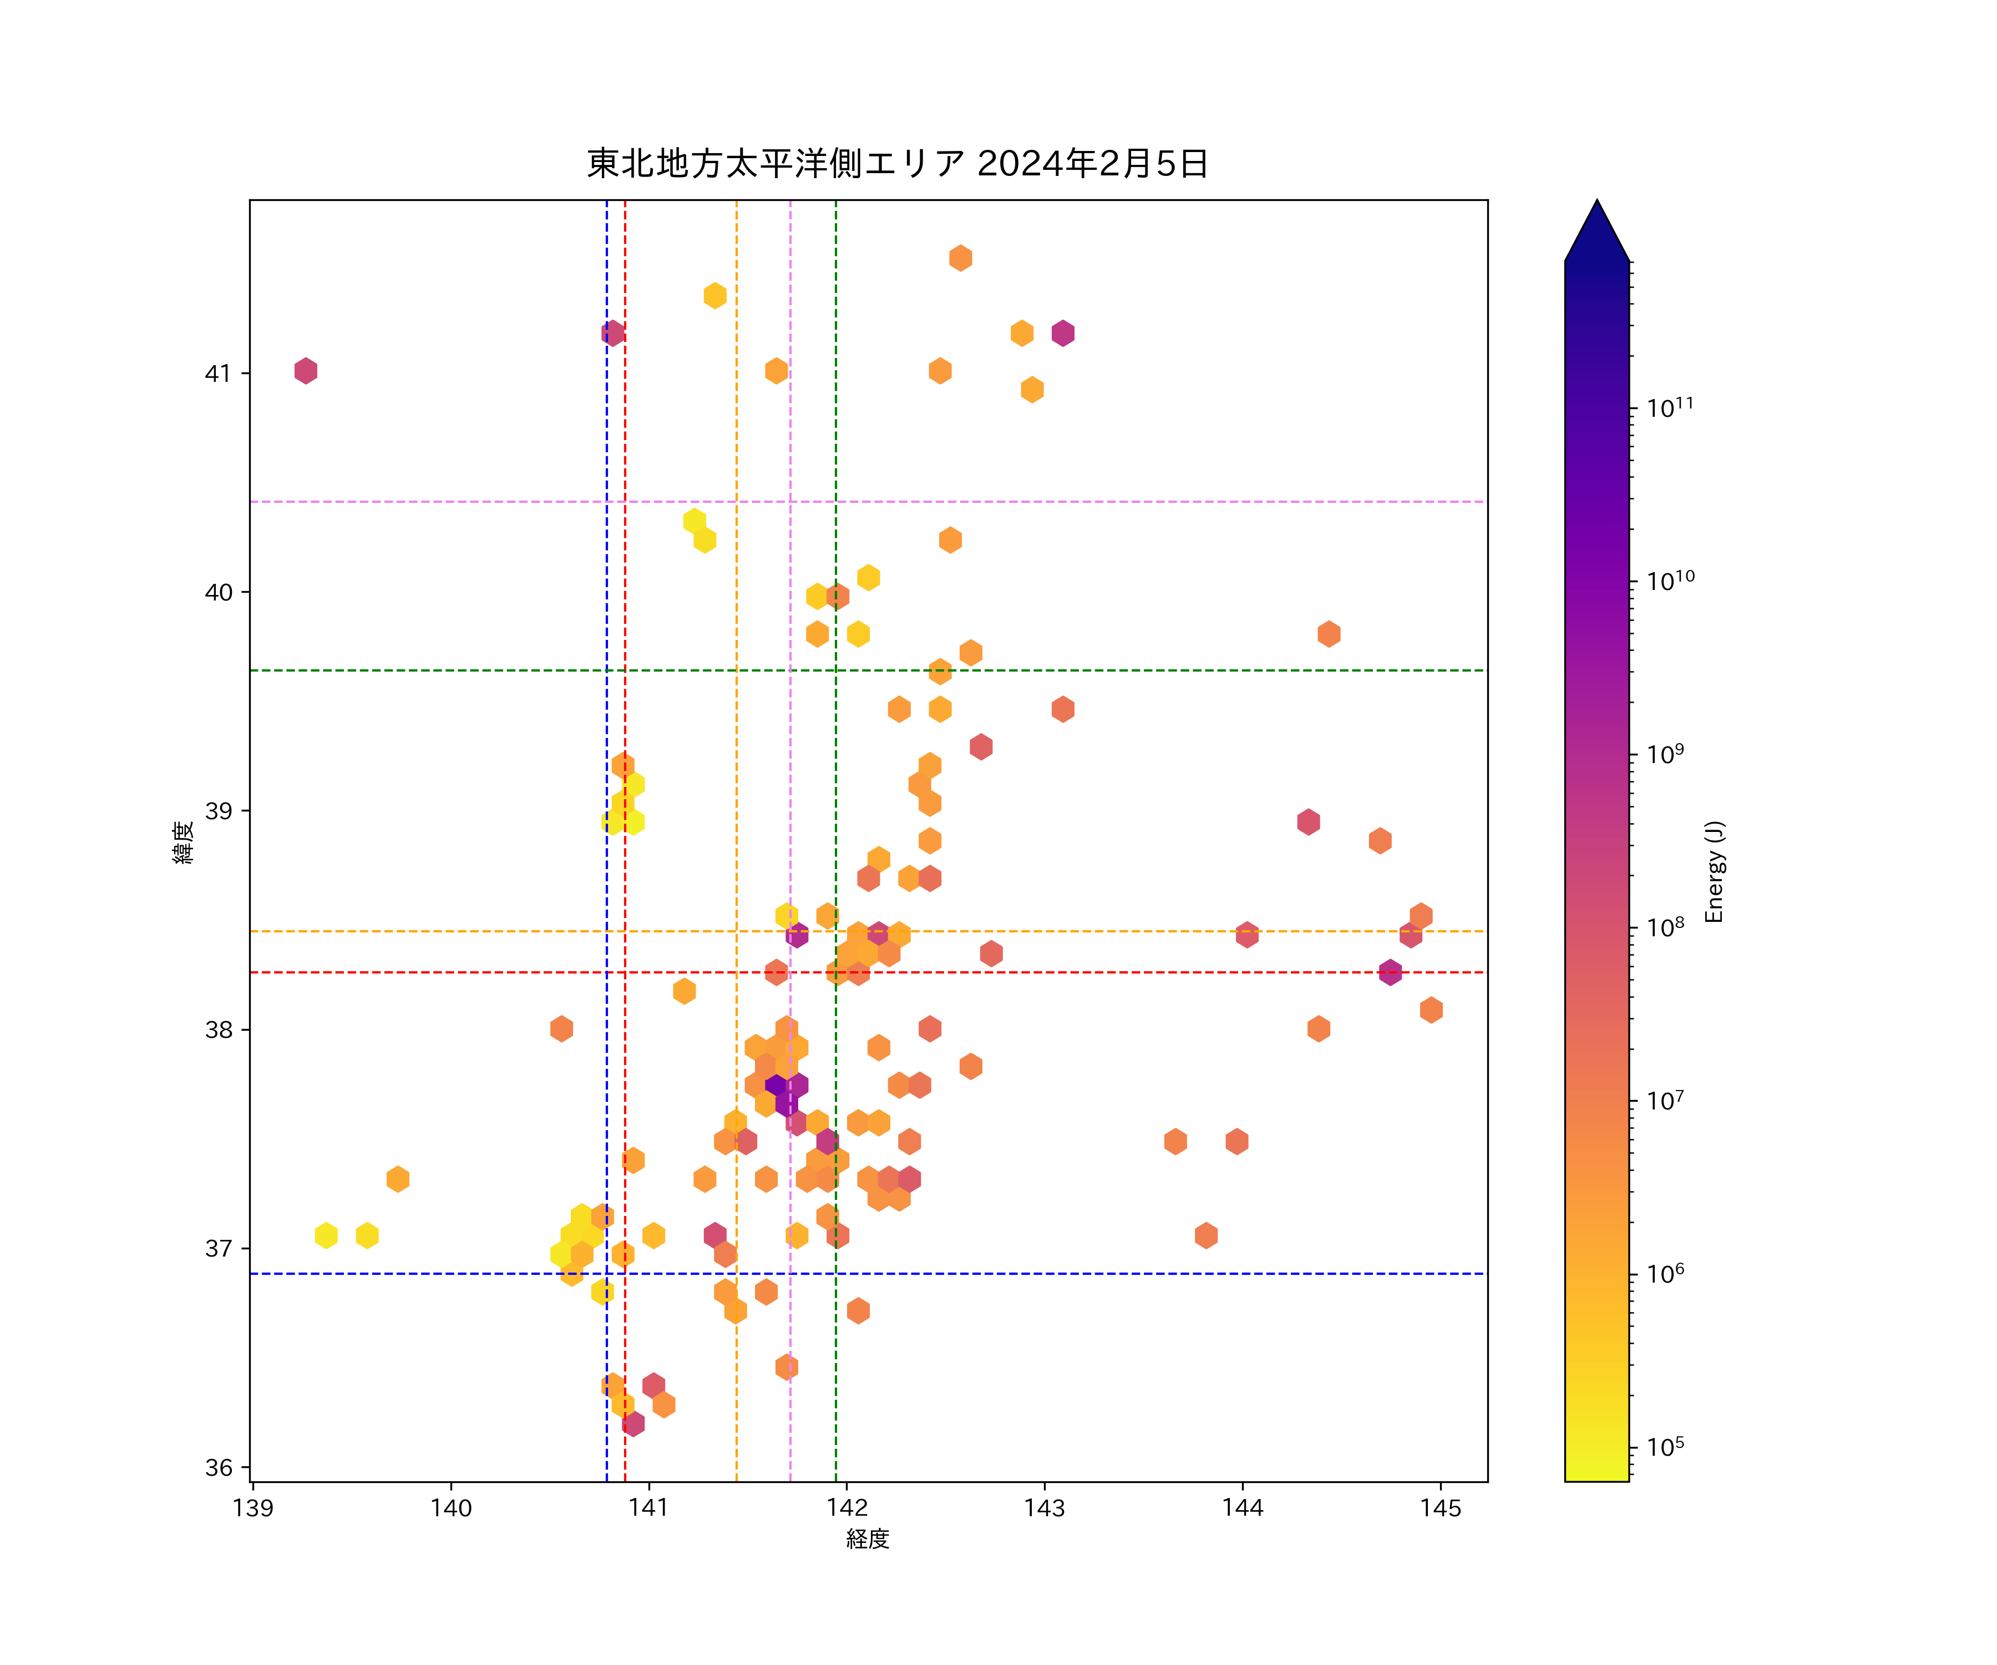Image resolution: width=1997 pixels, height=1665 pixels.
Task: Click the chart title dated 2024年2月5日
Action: [x=897, y=164]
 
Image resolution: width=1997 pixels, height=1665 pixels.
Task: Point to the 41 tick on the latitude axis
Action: [x=218, y=373]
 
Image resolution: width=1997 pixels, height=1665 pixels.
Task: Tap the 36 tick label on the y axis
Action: [x=218, y=1467]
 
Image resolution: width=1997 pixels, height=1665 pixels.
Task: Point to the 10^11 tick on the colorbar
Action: [x=1670, y=408]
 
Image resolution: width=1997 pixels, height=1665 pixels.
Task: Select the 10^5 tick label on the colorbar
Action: [x=1665, y=1447]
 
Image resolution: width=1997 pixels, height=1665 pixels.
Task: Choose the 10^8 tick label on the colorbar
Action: [x=1665, y=927]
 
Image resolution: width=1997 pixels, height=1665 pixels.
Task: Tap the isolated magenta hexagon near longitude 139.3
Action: [x=305, y=371]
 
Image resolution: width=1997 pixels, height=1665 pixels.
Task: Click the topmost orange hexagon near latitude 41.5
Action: [x=960, y=258]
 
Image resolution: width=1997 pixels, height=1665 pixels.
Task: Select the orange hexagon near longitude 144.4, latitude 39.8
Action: [x=1329, y=634]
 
